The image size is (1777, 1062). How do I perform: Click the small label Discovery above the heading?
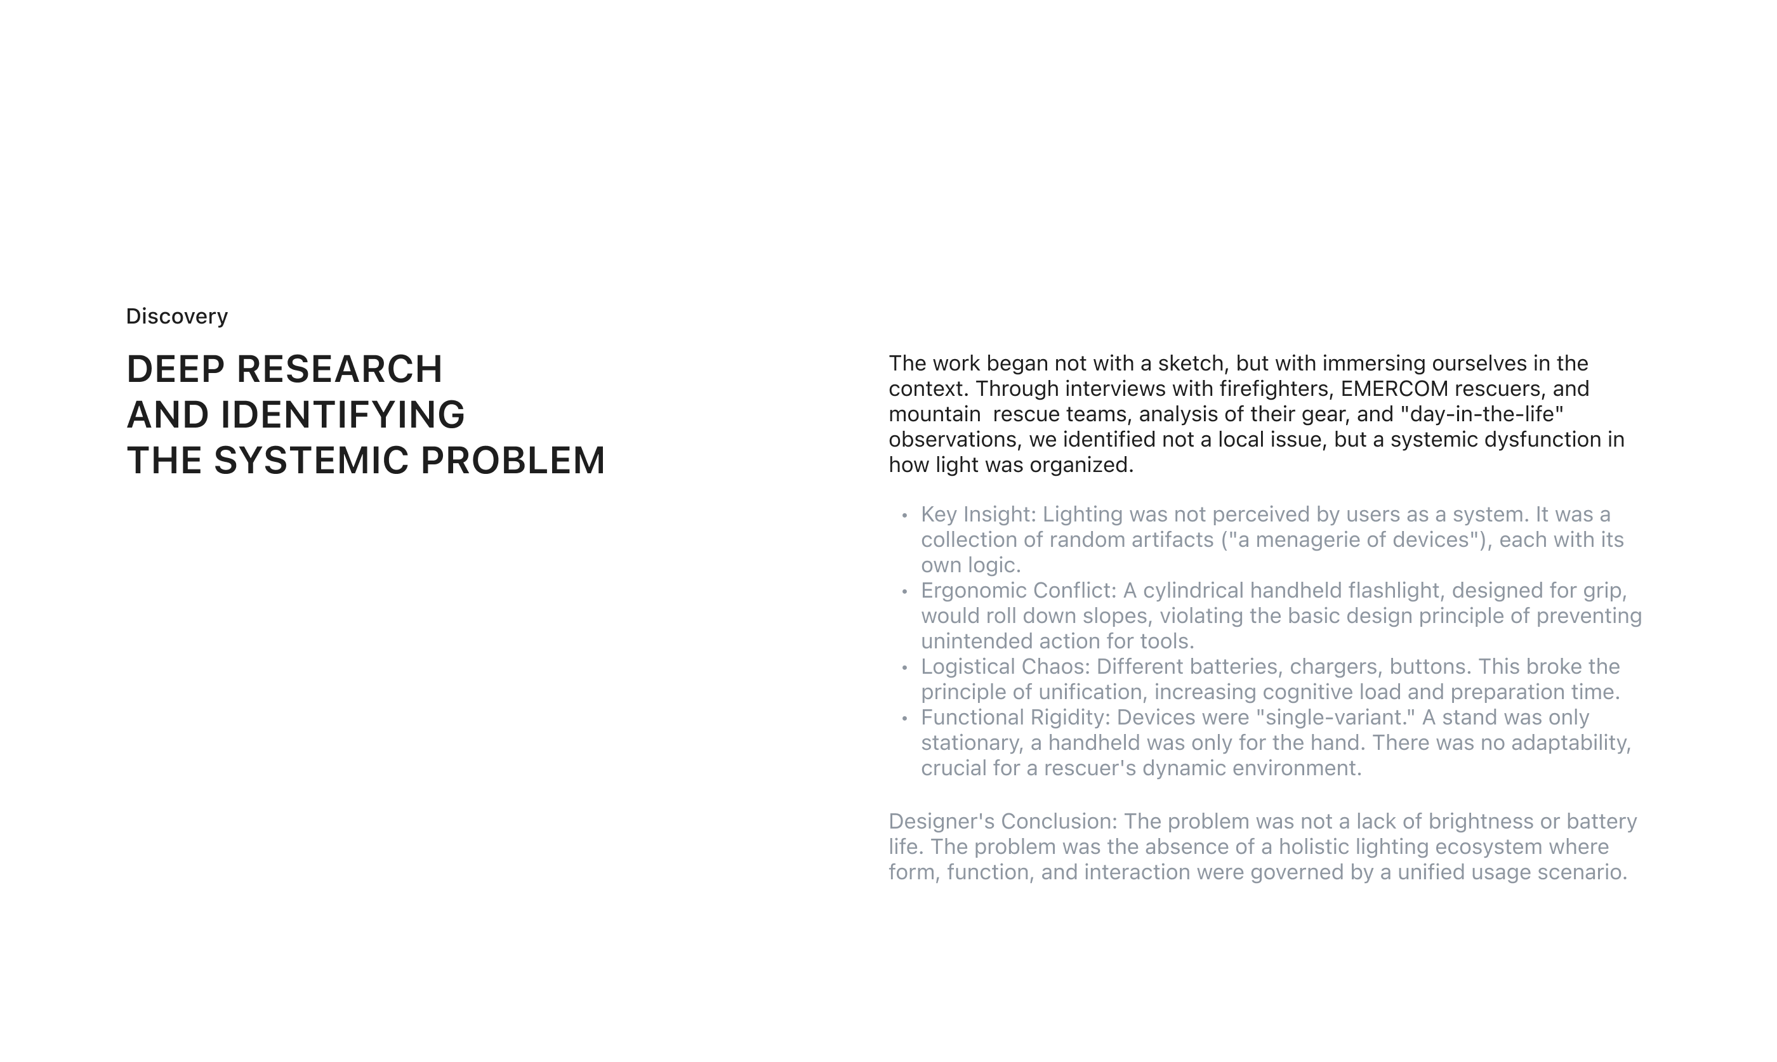(x=177, y=317)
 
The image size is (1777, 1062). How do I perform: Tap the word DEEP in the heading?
(x=175, y=369)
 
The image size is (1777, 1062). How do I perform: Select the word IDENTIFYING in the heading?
(x=343, y=415)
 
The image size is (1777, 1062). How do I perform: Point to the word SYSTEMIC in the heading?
(x=312, y=460)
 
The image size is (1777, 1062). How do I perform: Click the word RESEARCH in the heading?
(x=340, y=369)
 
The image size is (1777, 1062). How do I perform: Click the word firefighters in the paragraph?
(x=1274, y=389)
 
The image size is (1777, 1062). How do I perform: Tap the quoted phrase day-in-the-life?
(x=1481, y=414)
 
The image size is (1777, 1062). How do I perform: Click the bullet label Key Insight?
(x=977, y=515)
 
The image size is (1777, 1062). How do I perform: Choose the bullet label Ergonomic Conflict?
(x=1018, y=591)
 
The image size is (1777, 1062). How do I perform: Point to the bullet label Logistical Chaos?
(x=1005, y=667)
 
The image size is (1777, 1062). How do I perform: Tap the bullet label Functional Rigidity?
(x=1015, y=717)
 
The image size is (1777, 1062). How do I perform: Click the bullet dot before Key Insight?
(x=904, y=515)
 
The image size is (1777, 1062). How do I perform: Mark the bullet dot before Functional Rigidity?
(x=904, y=719)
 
